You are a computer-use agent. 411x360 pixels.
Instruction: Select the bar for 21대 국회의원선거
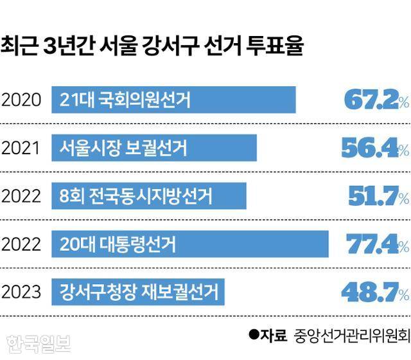pyautogui.click(x=173, y=100)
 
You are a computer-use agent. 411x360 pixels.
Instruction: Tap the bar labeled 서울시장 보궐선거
pyautogui.click(x=154, y=148)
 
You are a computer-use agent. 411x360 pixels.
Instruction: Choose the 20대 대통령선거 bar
pyautogui.click(x=190, y=244)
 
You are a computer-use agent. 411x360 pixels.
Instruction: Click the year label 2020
pyautogui.click(x=22, y=100)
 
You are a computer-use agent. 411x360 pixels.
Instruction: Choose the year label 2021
pyautogui.click(x=22, y=148)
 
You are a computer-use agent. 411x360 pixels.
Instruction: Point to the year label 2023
pyautogui.click(x=22, y=293)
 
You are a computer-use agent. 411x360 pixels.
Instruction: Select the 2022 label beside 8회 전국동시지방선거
pyautogui.click(x=22, y=197)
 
